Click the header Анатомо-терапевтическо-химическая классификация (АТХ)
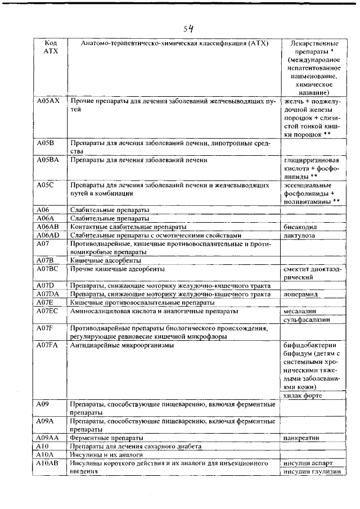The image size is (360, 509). pos(174,43)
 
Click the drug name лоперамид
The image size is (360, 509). pos(301,294)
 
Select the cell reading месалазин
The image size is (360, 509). pos(300,311)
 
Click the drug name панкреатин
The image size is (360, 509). pos(302,438)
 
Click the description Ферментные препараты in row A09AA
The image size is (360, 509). pos(106,438)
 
